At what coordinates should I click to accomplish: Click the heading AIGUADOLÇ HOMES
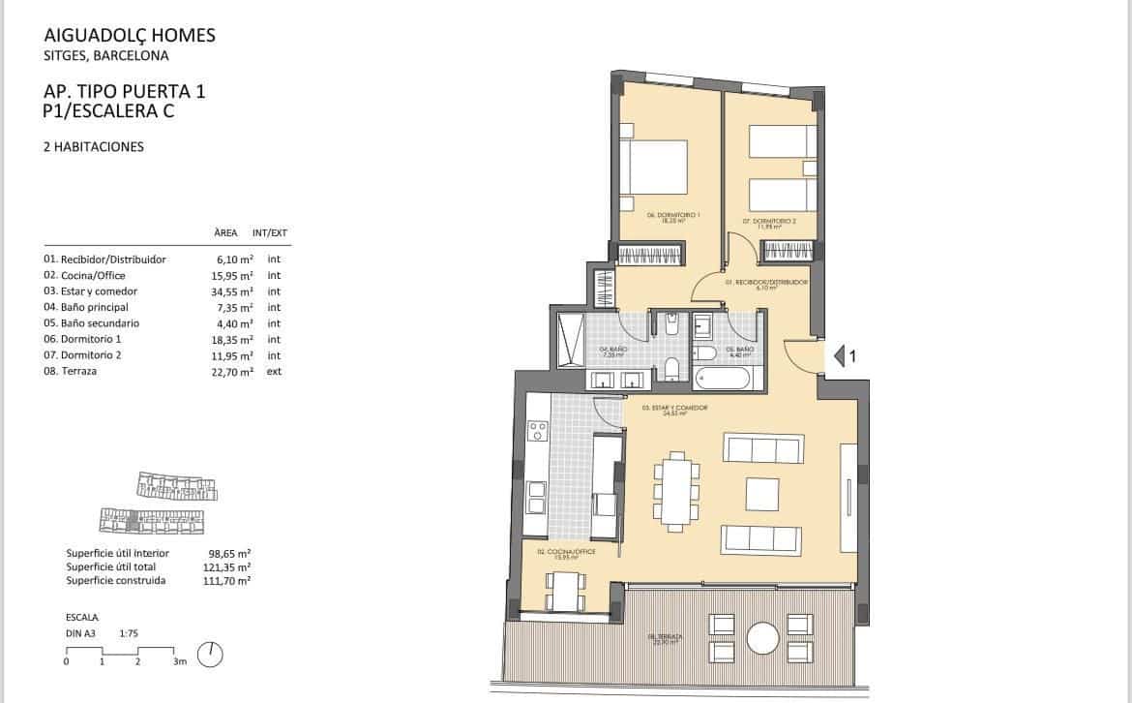(x=130, y=36)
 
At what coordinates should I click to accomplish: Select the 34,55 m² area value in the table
(x=232, y=291)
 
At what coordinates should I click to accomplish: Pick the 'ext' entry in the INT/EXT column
(x=274, y=372)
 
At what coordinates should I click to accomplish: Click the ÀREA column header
(x=225, y=233)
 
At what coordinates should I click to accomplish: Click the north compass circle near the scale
(x=210, y=655)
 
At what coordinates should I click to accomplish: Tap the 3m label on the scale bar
(x=179, y=663)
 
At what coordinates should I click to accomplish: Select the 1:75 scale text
(x=131, y=632)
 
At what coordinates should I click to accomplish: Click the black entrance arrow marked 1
(x=840, y=356)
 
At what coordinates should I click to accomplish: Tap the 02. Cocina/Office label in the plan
(x=565, y=553)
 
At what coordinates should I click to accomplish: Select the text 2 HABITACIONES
(x=94, y=147)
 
